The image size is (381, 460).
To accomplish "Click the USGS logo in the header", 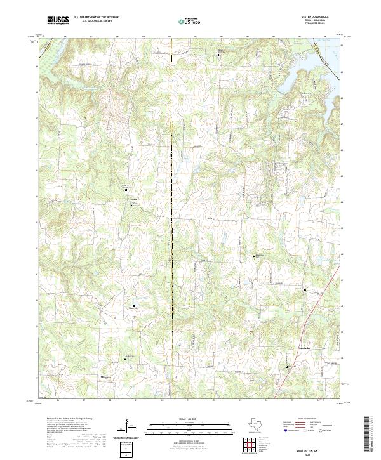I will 58,21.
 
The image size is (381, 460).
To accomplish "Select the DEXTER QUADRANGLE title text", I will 318,17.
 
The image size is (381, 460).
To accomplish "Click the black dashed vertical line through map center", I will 171,254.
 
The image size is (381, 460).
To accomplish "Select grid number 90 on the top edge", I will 171,37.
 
